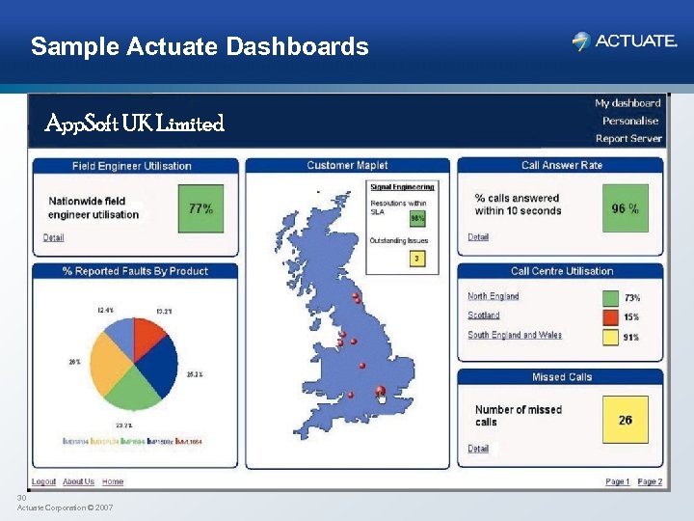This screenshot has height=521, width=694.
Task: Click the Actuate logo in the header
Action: (x=625, y=41)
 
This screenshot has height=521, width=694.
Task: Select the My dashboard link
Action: (x=627, y=103)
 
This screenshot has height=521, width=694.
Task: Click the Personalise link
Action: (x=630, y=121)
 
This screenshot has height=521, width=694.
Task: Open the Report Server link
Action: (x=628, y=138)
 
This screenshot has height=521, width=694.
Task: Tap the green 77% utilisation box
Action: (x=200, y=208)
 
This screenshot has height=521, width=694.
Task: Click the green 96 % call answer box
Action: (x=625, y=208)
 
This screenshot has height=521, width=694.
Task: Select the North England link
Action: (x=493, y=296)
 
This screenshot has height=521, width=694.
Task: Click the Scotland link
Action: (x=483, y=315)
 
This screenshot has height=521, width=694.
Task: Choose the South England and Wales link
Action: (x=514, y=335)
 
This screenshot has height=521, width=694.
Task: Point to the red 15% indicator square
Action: (x=609, y=317)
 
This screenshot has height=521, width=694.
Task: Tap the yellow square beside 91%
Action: (x=609, y=337)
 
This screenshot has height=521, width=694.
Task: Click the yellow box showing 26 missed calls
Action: (x=625, y=420)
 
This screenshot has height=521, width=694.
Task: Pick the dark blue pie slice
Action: (x=159, y=362)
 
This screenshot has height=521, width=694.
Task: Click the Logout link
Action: (x=43, y=481)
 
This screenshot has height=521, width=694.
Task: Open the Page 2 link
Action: (x=650, y=481)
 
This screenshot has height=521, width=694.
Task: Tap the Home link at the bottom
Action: (x=113, y=481)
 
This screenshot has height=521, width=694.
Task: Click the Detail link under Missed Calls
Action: (x=478, y=449)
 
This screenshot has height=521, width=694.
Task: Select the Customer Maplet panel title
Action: (x=346, y=166)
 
